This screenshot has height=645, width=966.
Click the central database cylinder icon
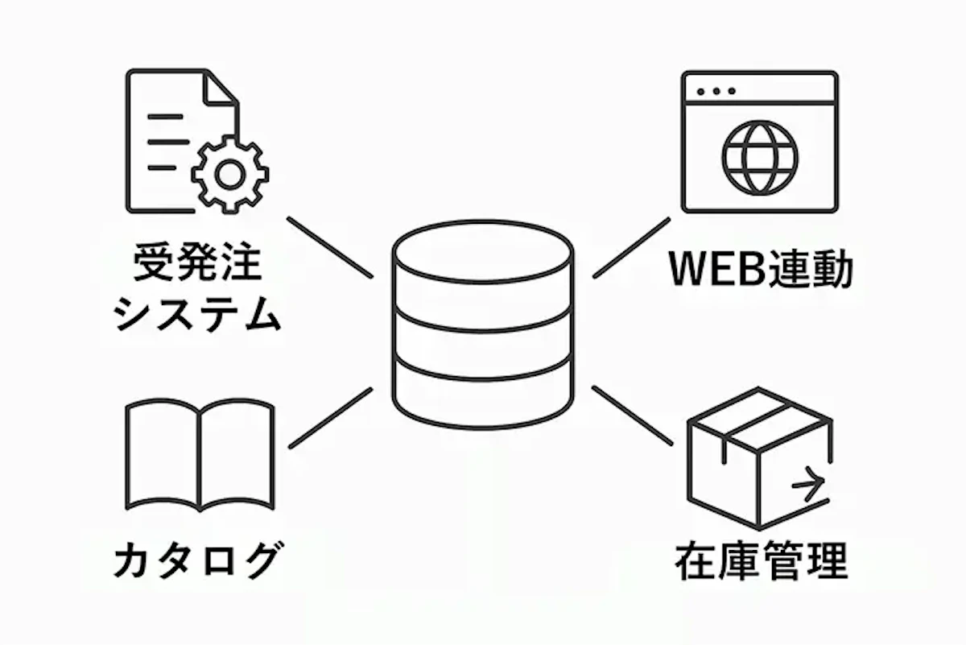[483, 326]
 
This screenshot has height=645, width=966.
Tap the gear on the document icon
[231, 174]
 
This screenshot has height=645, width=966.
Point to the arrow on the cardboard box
[808, 485]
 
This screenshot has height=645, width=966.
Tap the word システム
[197, 314]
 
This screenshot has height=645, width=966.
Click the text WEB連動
[760, 271]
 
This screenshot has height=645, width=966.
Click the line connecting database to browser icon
[631, 247]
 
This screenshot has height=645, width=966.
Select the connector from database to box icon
[632, 416]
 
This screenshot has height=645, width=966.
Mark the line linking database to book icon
[330, 418]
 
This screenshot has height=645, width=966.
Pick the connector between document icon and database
[330, 247]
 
